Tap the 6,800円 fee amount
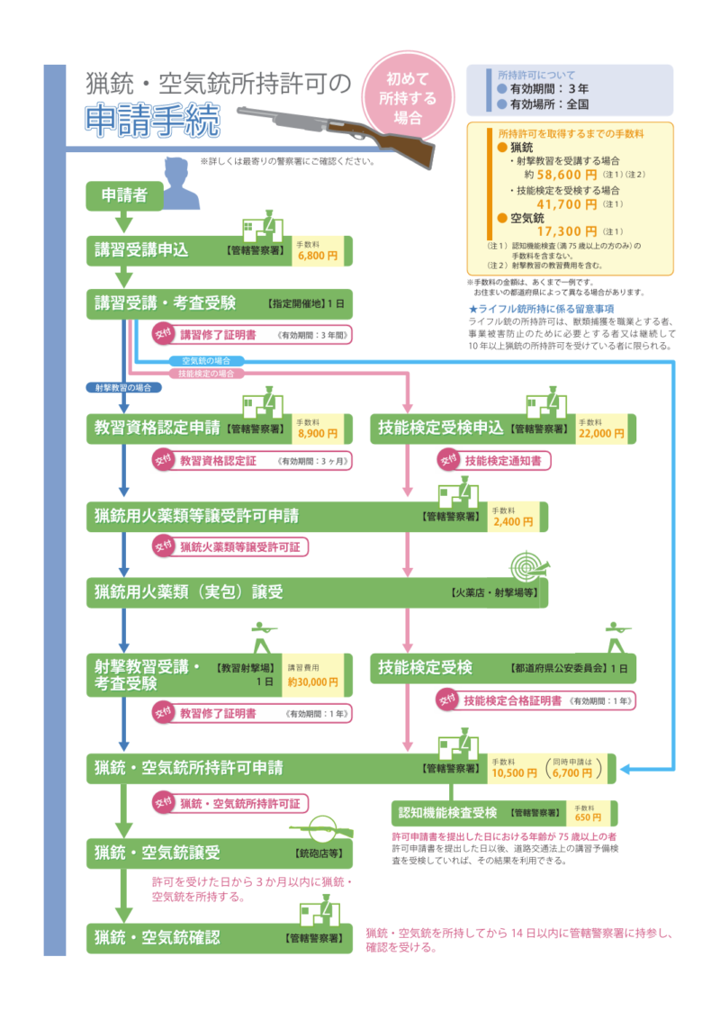pyautogui.click(x=318, y=256)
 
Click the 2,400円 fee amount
pyautogui.click(x=514, y=521)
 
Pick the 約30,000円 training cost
pyautogui.click(x=312, y=682)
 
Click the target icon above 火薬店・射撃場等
pyautogui.click(x=528, y=567)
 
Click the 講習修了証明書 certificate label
pyautogui.click(x=217, y=334)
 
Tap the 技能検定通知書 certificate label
pyautogui.click(x=503, y=460)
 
